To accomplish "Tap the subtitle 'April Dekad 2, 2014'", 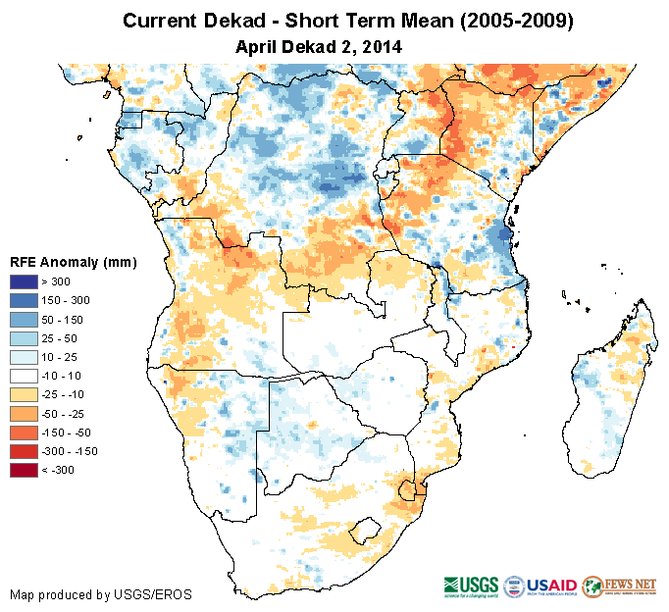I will [320, 46].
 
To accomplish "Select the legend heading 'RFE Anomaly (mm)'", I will [73, 262].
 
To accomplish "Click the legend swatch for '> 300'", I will [25, 281].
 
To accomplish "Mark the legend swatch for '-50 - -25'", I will [25, 413].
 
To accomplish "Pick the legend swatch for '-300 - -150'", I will [25, 451].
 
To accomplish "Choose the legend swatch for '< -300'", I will [25, 470].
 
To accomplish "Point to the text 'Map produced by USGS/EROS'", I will [101, 594].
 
